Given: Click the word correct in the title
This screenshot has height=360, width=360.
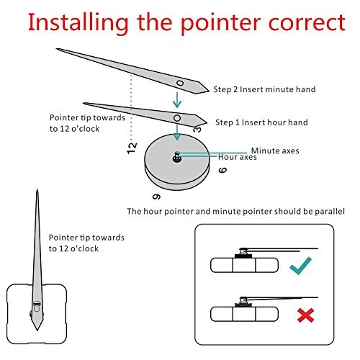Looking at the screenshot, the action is click(x=307, y=22).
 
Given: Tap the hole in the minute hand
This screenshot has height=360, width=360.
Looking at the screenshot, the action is click(x=180, y=84).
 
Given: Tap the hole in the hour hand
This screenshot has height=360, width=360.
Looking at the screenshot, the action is click(x=177, y=118).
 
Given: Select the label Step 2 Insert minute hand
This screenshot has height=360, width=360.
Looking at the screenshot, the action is click(x=264, y=89).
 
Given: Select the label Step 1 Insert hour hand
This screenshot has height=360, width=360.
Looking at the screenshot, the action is click(x=261, y=122).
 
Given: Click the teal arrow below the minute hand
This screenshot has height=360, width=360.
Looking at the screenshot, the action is click(x=177, y=100).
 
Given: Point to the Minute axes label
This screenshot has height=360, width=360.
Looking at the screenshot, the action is click(x=275, y=150).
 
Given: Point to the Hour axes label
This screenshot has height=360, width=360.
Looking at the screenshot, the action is click(x=238, y=157).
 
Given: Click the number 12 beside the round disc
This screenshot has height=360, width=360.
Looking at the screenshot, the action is click(x=132, y=148).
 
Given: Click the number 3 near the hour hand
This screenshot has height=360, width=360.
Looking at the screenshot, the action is click(x=197, y=130).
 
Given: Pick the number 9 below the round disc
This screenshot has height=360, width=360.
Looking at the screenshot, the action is click(x=157, y=197).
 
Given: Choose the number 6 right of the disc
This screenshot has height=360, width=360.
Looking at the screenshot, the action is click(x=222, y=170).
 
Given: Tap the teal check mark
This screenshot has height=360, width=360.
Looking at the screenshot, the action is click(x=300, y=266).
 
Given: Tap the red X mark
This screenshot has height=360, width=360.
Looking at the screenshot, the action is click(x=305, y=315).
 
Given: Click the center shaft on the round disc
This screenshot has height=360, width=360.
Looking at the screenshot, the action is click(x=177, y=157).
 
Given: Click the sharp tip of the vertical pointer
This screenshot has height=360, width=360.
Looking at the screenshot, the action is click(x=37, y=189).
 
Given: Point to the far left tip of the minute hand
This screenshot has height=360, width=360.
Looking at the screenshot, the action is click(x=57, y=49).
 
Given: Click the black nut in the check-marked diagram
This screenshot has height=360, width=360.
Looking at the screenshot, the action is click(x=243, y=256).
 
